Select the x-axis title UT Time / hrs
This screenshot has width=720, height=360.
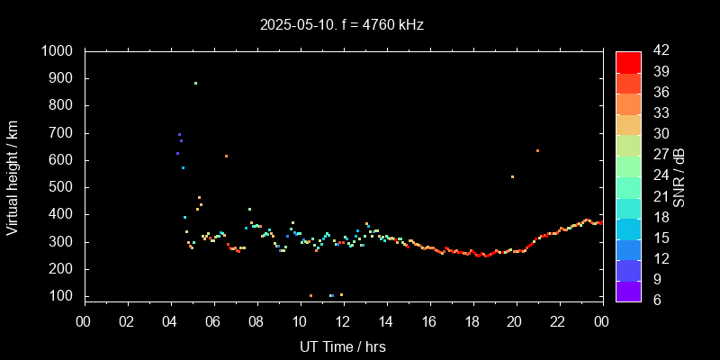coord(342,346)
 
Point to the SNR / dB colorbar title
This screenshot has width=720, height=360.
coord(679,175)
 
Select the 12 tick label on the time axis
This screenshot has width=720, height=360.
coord(343,320)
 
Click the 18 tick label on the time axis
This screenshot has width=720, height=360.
coord(472,320)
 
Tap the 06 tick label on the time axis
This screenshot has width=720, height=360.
coord(213,320)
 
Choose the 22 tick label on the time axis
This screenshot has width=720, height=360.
coord(559,320)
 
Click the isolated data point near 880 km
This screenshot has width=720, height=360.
coord(195,84)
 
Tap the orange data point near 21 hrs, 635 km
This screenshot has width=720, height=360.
coord(537,150)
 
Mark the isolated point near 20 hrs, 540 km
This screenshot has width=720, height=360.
coord(512,176)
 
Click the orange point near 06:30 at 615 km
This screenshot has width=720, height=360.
coord(226,156)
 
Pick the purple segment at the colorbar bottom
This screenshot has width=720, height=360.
coord(628,291)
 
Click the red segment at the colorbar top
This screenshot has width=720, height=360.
coord(628,61)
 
